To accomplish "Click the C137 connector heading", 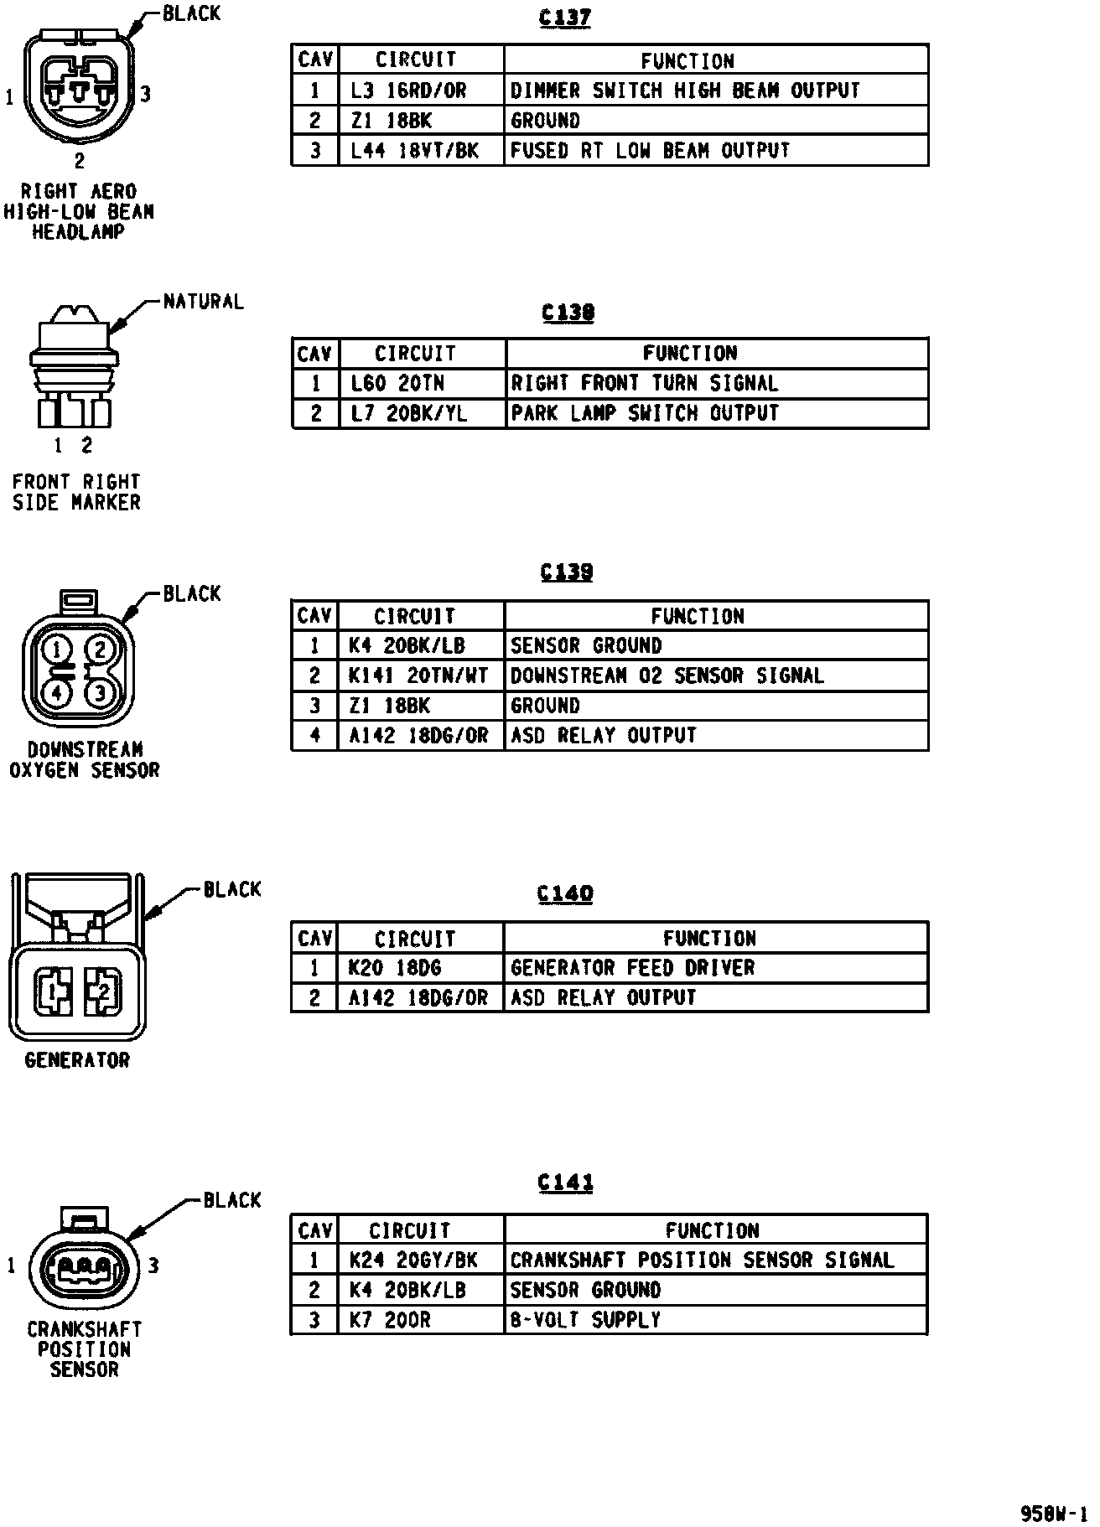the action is click(566, 18).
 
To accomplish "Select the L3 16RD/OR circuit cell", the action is click(408, 91).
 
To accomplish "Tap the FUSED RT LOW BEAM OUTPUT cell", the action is click(650, 151).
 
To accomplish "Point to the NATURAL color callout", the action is click(203, 302).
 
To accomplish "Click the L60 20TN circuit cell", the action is click(397, 384).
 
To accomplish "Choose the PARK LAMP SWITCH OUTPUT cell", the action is click(645, 413).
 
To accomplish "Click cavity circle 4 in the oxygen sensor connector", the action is click(57, 692).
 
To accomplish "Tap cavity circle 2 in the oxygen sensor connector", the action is click(99, 650).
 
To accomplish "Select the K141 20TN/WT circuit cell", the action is click(418, 676).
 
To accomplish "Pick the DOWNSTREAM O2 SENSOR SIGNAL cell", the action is click(667, 676).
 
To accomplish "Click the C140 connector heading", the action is click(565, 894).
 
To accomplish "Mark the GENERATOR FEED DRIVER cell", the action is click(633, 968).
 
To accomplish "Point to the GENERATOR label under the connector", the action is click(77, 1060).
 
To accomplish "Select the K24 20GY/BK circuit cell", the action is click(413, 1260).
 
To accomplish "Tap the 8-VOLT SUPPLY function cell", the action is click(585, 1320).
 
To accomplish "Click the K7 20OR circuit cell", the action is click(390, 1320).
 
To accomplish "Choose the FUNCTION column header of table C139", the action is click(698, 616).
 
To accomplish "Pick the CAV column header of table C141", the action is click(315, 1230).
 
